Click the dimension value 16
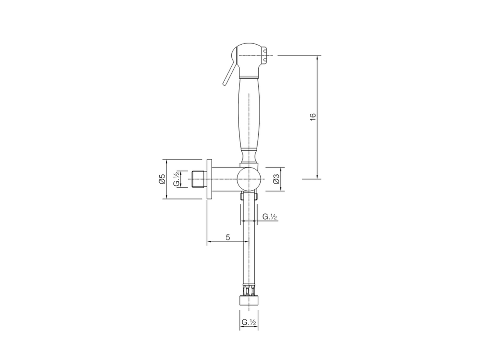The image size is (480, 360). tap(313, 117)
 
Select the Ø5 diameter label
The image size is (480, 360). tap(162, 179)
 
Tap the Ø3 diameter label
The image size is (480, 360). tap(276, 179)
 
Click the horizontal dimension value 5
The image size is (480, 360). tap(228, 237)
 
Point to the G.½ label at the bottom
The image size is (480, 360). tap(249, 322)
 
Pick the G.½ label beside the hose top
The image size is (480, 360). tap(269, 216)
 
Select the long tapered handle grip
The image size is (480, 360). tap(249, 112)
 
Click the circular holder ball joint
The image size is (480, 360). tap(249, 178)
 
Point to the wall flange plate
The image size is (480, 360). tap(209, 179)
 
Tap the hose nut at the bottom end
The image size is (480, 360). tap(249, 301)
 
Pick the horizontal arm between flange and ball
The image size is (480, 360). tap(225, 179)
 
